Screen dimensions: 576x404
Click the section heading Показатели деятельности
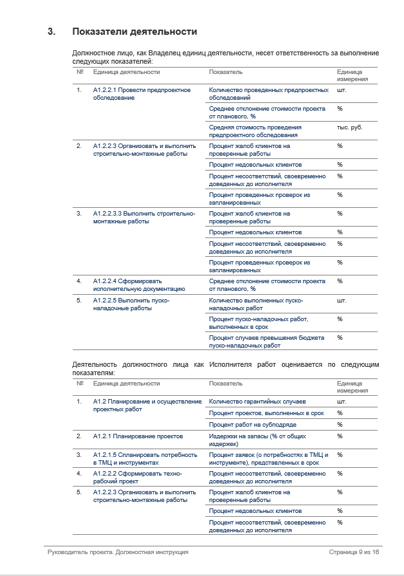coord(134,32)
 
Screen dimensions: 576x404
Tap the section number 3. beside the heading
coord(51,32)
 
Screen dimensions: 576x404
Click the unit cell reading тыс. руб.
coord(349,127)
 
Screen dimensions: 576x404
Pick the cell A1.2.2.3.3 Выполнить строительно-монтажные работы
coord(143,218)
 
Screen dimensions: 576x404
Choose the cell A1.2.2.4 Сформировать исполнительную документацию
coord(138,285)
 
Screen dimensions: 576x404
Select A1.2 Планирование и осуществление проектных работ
coord(147,405)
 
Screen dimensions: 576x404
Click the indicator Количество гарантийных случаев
coord(257,402)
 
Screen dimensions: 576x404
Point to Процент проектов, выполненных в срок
coord(266,413)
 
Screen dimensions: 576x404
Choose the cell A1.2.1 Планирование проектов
coord(133,436)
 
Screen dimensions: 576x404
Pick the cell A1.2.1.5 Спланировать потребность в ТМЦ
coord(145,458)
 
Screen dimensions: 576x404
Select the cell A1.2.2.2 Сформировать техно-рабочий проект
coord(137,477)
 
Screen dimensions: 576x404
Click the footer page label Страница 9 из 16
coord(354,552)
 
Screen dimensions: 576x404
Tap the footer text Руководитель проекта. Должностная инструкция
coord(118,552)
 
